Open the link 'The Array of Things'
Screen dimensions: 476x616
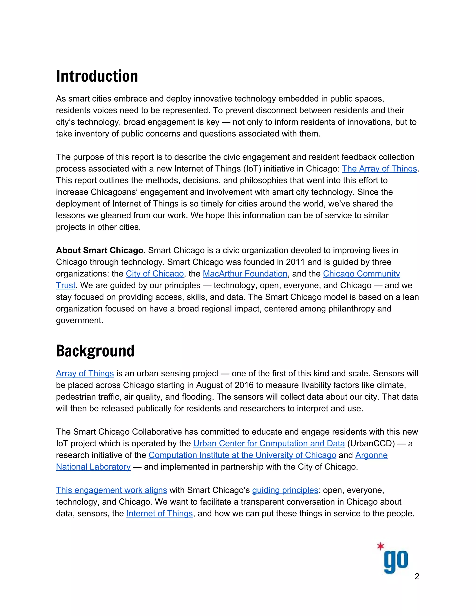(379, 169)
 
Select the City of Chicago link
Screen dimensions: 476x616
(155, 274)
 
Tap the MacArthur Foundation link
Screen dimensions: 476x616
(245, 274)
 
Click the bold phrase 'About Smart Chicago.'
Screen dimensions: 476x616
(101, 250)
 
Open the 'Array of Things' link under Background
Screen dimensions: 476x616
(85, 374)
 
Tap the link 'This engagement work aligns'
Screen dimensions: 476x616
(111, 490)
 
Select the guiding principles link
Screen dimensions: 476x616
(285, 490)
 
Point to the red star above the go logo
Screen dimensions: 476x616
(381, 546)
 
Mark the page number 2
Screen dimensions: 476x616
(417, 576)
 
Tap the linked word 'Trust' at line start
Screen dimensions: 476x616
(65, 285)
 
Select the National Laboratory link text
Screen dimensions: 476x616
(93, 467)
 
